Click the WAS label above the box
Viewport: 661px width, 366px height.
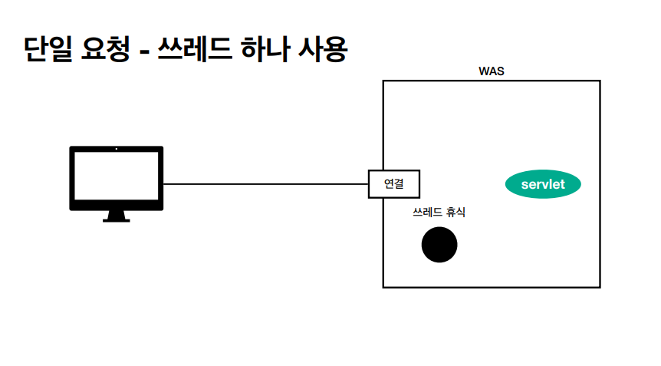coord(491,71)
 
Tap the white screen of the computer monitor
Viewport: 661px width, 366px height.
coord(117,176)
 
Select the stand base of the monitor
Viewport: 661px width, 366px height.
coord(117,219)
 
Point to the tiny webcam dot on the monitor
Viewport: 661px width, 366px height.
coord(117,148)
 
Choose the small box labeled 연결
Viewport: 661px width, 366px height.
coord(393,184)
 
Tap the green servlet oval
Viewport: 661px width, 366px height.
coord(543,184)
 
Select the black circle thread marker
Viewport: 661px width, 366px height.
coord(439,245)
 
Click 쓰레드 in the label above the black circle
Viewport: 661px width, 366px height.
coord(426,213)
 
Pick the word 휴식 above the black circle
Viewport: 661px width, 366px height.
coord(454,213)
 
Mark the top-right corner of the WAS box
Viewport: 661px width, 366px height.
coord(600,81)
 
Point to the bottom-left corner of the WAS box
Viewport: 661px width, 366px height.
coord(383,287)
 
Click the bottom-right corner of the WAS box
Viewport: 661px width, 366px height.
coord(600,287)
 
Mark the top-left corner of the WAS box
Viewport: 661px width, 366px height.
coord(383,81)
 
